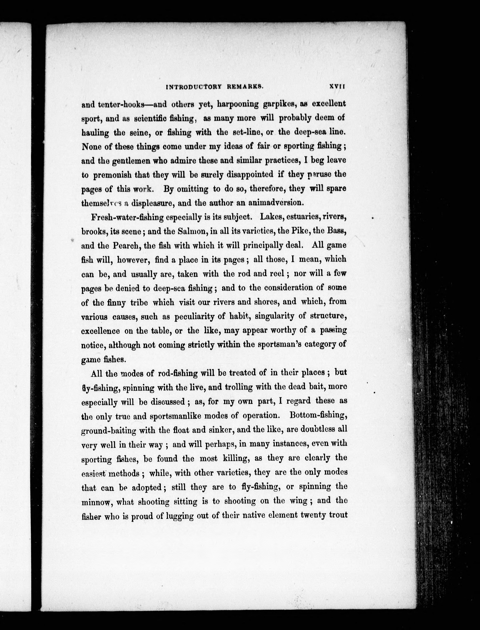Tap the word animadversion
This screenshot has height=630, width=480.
[x=275, y=203]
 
